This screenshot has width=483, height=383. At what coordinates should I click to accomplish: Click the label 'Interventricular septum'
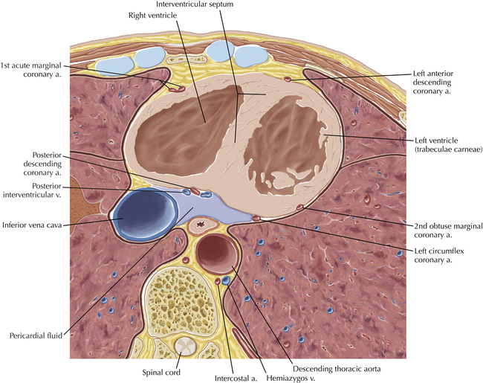pyautogui.click(x=195, y=4)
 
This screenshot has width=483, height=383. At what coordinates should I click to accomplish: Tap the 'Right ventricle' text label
pyautogui.click(x=153, y=16)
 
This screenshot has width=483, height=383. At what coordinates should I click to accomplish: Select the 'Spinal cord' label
pyautogui.click(x=161, y=372)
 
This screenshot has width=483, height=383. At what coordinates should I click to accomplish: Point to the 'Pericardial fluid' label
pyautogui.click(x=36, y=335)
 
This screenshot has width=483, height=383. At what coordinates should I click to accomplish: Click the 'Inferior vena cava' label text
pyautogui.click(x=32, y=225)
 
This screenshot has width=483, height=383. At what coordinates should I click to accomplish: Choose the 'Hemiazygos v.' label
pyautogui.click(x=291, y=378)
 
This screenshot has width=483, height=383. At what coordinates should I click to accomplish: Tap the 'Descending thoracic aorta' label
pyautogui.click(x=337, y=369)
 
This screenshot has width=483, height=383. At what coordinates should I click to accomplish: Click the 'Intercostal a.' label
pyautogui.click(x=236, y=378)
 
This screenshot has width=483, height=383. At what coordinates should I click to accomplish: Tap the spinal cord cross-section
pyautogui.click(x=187, y=346)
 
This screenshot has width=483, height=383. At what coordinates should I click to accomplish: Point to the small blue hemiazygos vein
pyautogui.click(x=226, y=280)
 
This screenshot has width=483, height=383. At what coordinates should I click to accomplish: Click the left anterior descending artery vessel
pyautogui.click(x=288, y=80)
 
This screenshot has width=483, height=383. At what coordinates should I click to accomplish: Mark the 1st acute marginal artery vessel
pyautogui.click(x=175, y=89)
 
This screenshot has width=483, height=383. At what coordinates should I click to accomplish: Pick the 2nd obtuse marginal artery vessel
pyautogui.click(x=299, y=207)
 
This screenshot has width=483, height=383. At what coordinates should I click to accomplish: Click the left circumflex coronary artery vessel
pyautogui.click(x=256, y=219)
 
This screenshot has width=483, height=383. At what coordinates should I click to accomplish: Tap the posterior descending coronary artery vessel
pyautogui.click(x=195, y=192)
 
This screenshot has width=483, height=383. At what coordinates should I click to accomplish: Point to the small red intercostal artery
pyautogui.click(x=218, y=281)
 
